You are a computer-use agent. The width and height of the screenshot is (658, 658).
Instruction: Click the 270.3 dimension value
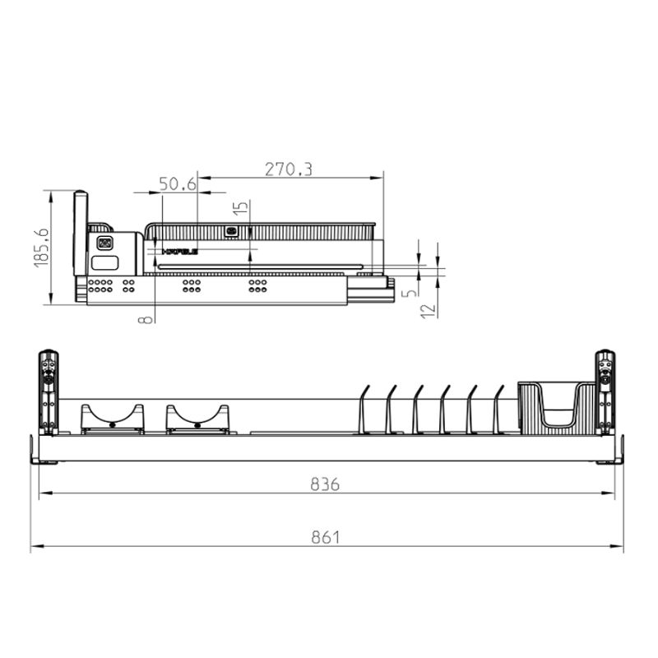288,169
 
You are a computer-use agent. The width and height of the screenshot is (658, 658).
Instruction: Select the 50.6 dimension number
177,184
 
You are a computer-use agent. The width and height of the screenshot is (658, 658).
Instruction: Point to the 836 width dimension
325,484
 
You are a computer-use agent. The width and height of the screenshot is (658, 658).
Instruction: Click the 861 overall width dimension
325,538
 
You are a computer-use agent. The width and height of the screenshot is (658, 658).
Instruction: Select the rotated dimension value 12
426,310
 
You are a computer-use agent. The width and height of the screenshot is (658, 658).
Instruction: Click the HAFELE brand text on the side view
180,252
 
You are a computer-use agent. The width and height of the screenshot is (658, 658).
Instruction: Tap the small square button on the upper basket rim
231,231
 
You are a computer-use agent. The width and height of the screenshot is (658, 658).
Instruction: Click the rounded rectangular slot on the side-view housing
104,263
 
